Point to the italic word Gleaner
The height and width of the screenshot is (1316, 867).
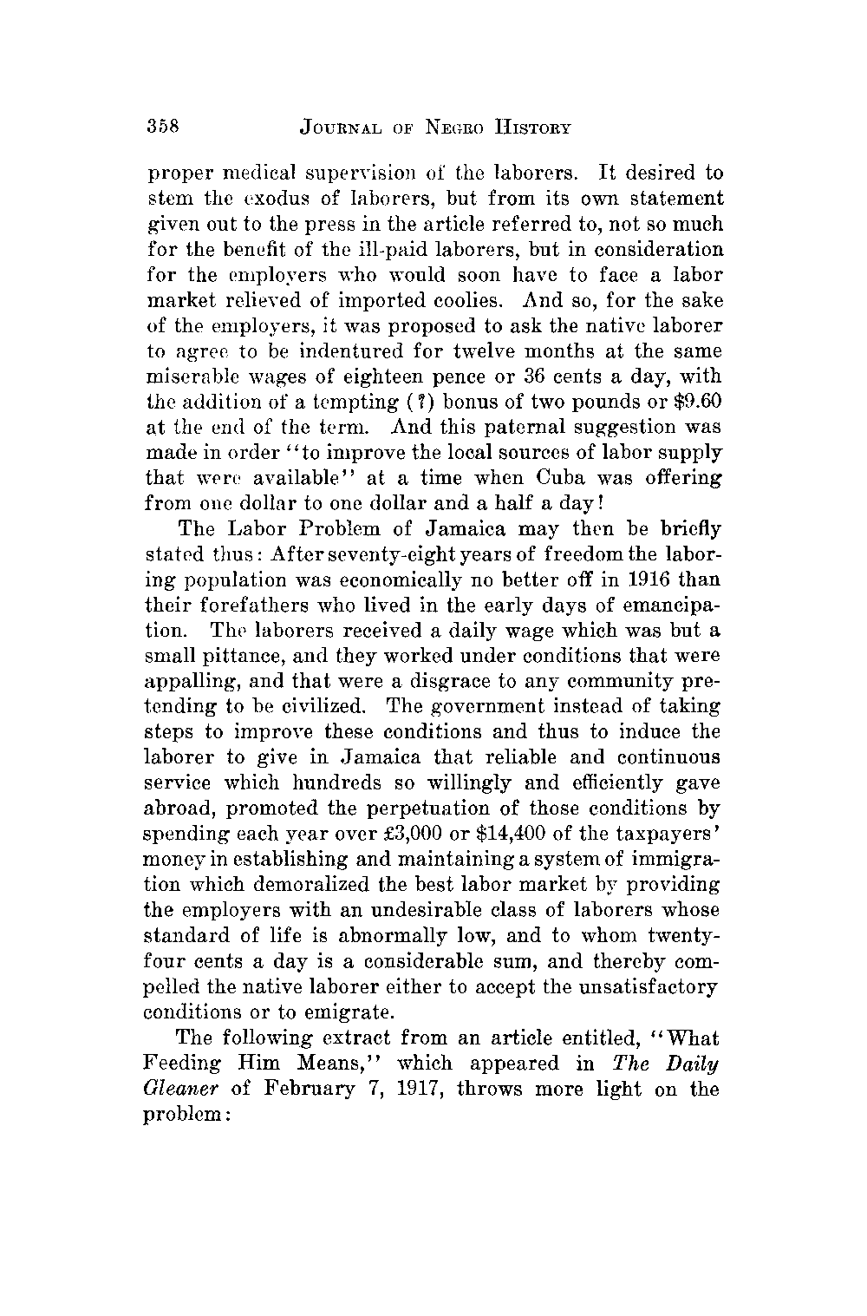[x=182, y=1089]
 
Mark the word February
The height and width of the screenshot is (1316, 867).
[x=302, y=1090]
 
